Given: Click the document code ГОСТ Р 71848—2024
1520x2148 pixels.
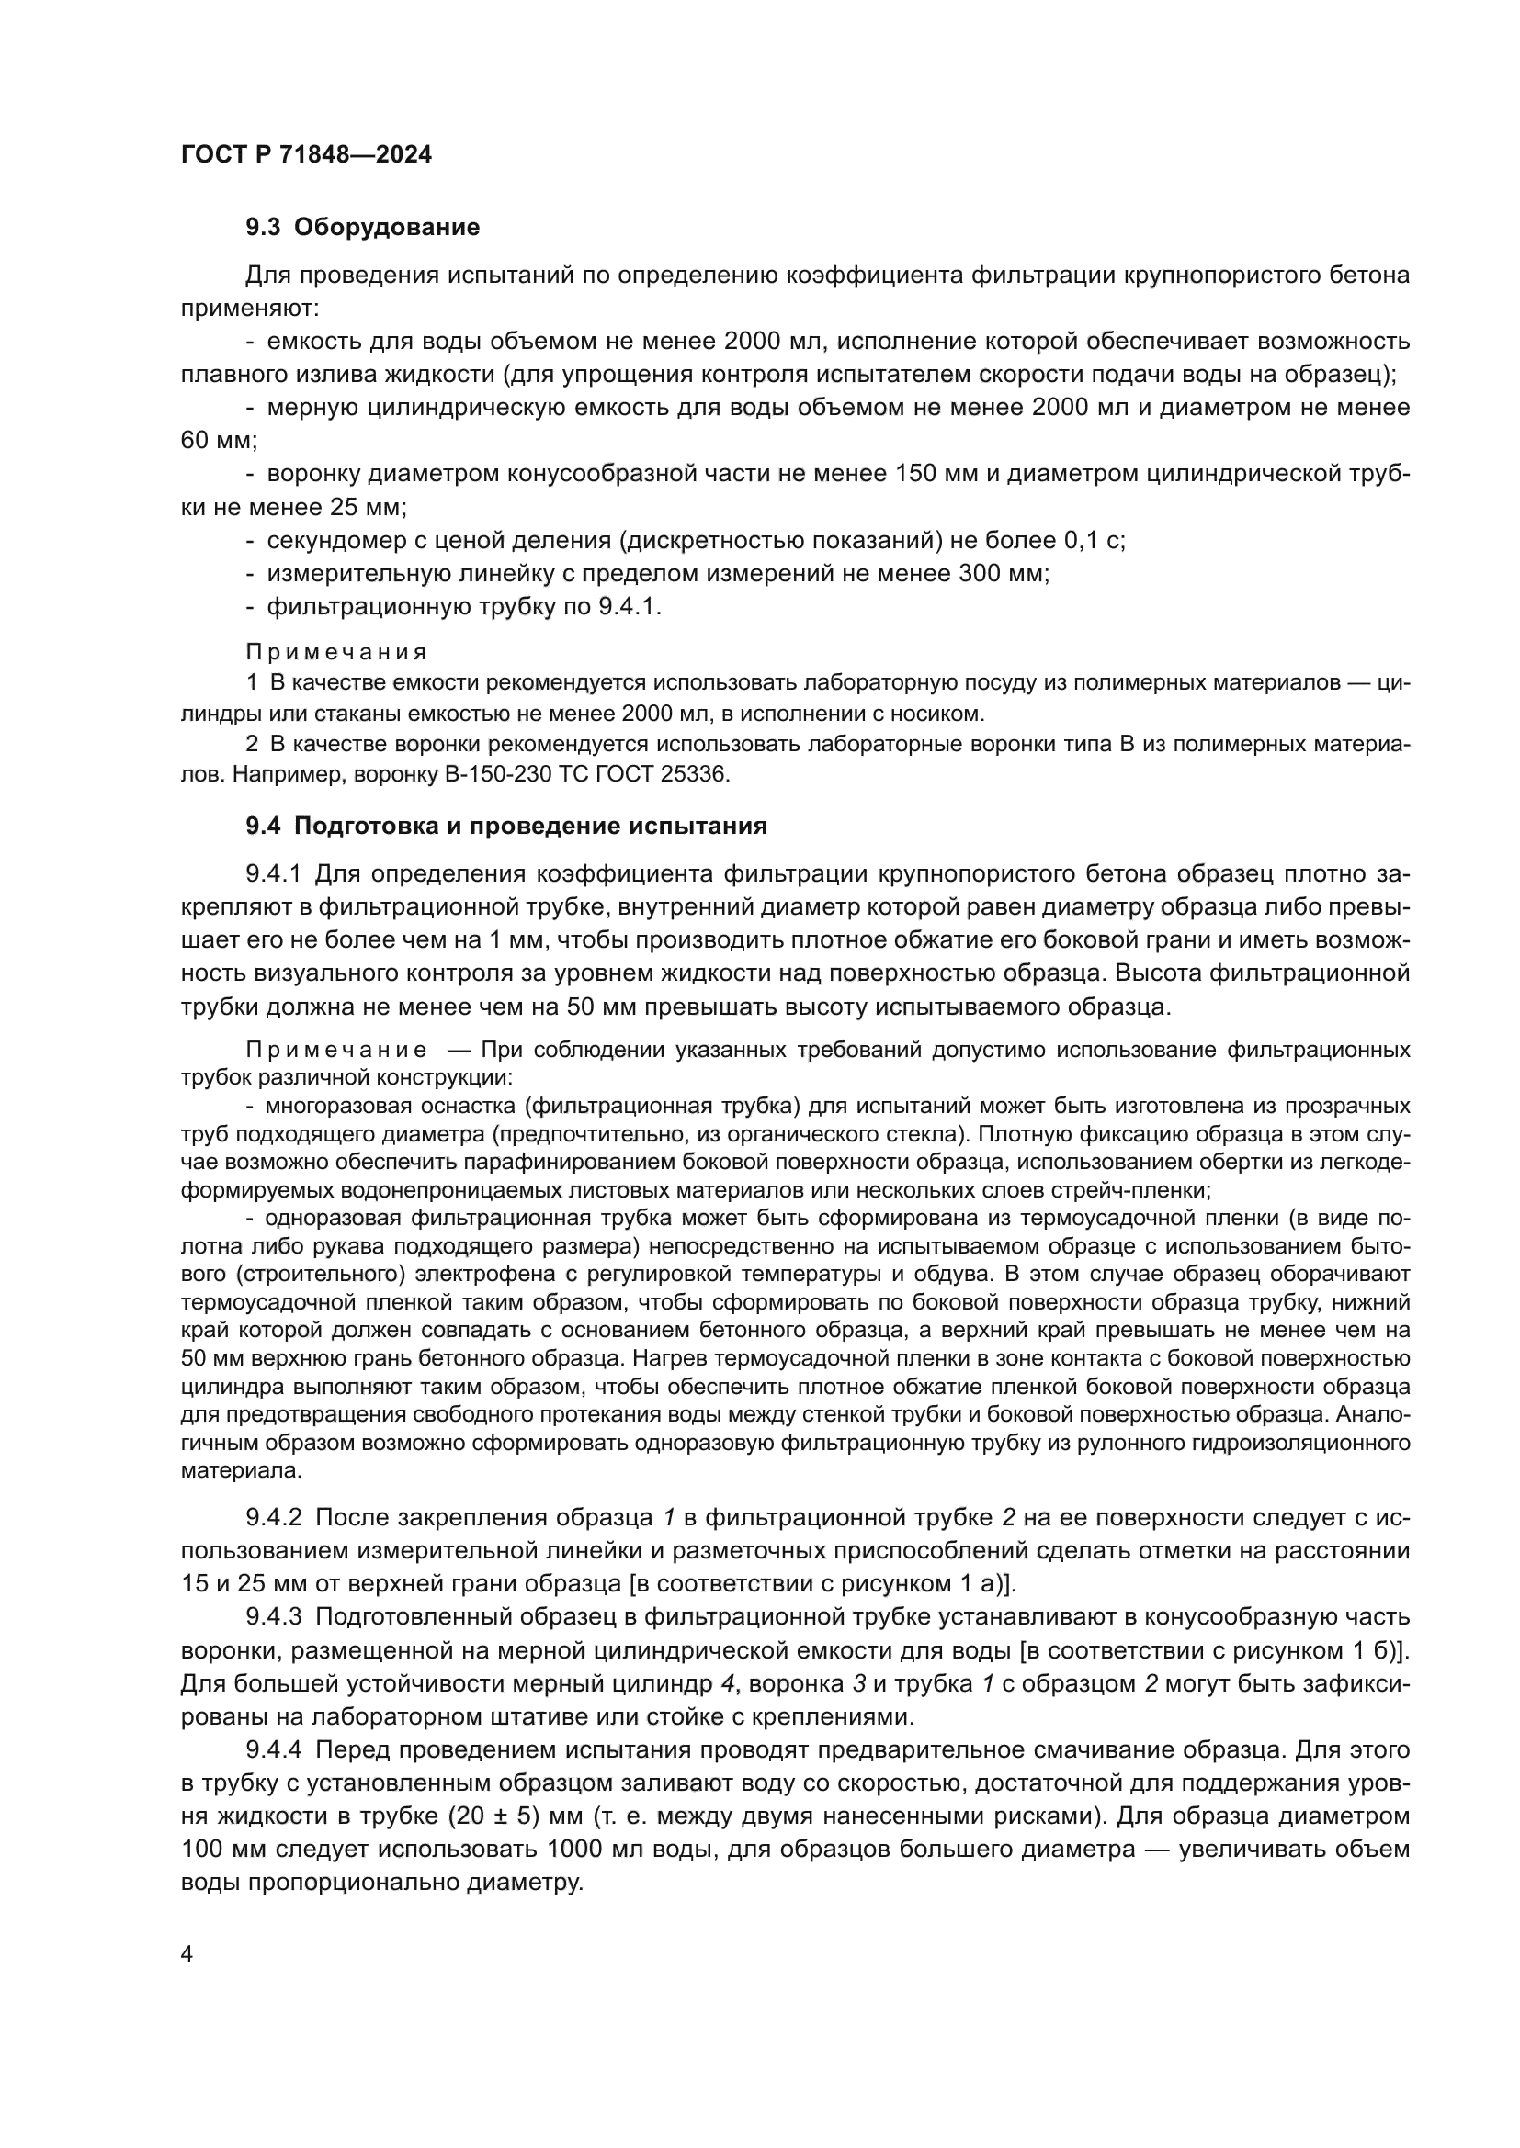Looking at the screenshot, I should click(x=306, y=155).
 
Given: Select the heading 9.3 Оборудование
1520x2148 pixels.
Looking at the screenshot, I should click(x=363, y=228).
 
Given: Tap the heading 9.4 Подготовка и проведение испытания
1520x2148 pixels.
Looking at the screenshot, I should click(x=506, y=827).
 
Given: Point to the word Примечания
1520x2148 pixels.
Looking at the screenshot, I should click(x=337, y=652).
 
